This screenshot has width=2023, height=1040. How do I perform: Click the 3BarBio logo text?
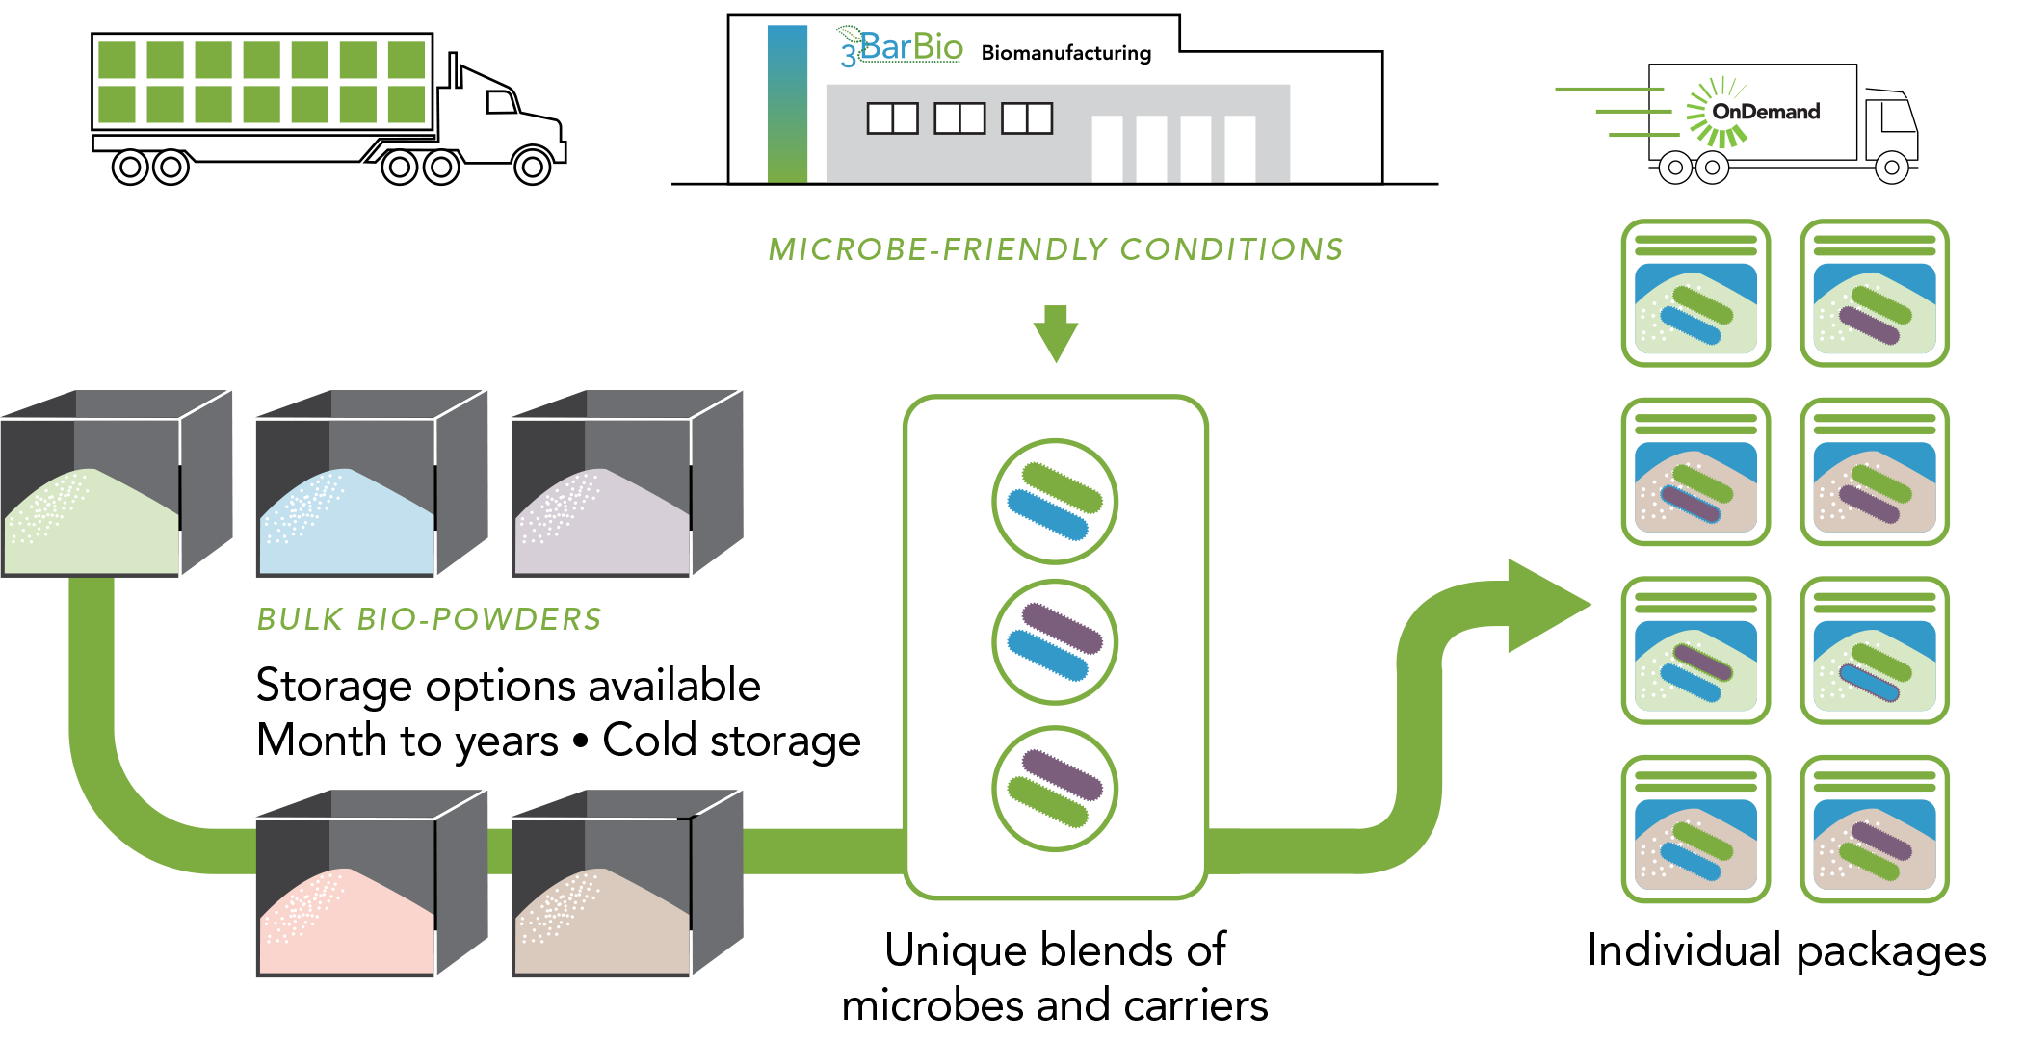click(x=902, y=48)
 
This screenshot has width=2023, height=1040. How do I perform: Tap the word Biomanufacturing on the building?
click(x=1065, y=53)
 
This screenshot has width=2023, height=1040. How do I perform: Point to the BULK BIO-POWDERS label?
click(x=429, y=618)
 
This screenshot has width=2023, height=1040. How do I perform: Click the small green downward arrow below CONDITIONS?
click(x=1055, y=333)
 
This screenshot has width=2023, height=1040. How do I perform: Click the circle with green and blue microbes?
click(x=1055, y=501)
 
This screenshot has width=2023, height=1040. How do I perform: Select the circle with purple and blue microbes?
click(x=1055, y=642)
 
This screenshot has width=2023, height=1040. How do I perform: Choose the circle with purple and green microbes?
click(x=1055, y=789)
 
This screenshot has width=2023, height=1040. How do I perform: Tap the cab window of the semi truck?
click(x=501, y=102)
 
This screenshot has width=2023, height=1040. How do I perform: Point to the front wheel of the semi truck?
click(x=532, y=168)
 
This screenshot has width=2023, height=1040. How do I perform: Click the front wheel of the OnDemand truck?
click(x=1891, y=168)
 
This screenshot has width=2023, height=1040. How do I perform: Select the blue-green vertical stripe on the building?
click(x=787, y=104)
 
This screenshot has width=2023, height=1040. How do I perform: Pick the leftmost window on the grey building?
click(x=892, y=118)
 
